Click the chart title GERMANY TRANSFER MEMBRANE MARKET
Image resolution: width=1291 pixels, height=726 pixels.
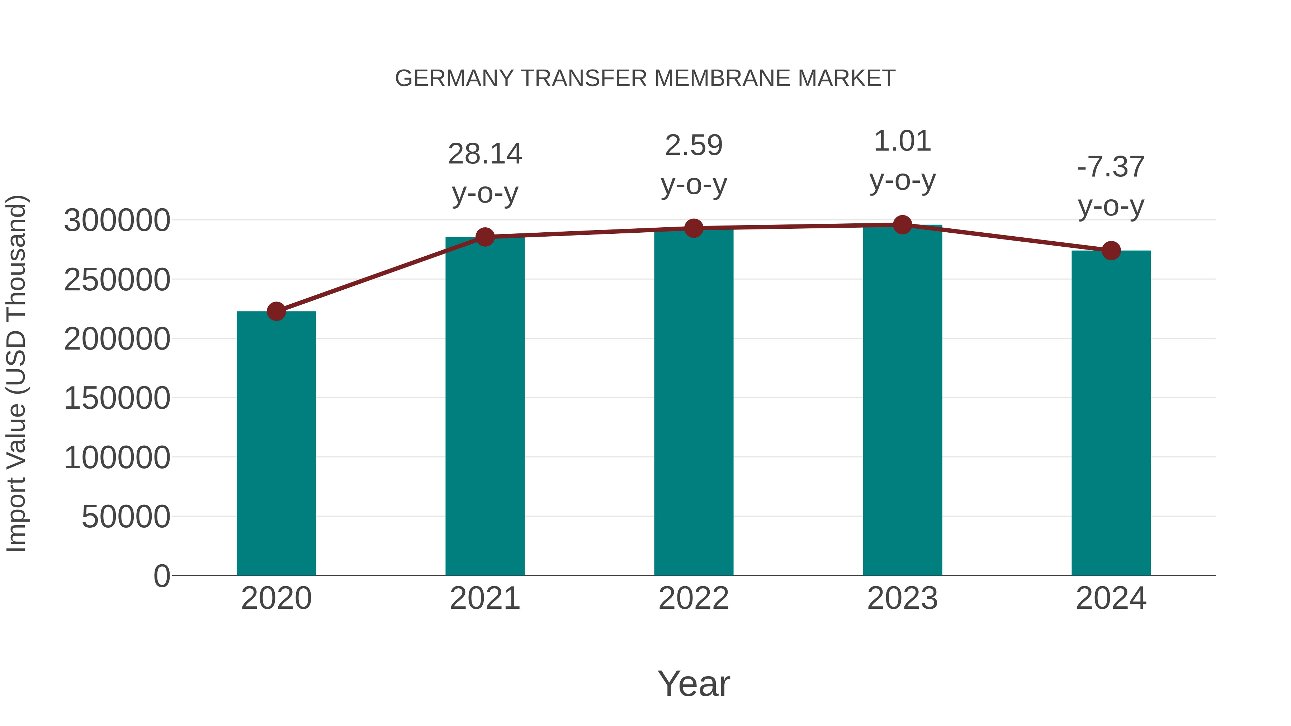(645, 79)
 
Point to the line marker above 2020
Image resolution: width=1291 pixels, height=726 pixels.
(276, 311)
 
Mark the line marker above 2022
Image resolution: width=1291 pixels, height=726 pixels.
(694, 228)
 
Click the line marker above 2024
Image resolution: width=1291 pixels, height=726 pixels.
(1111, 251)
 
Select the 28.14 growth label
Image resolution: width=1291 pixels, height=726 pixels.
(484, 154)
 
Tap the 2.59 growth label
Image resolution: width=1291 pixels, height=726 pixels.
(694, 146)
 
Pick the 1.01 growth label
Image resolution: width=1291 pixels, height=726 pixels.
(902, 141)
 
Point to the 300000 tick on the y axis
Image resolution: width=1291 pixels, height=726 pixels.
(117, 220)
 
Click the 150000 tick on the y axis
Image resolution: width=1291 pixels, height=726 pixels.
(117, 398)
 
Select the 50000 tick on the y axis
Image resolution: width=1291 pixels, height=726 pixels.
(126, 517)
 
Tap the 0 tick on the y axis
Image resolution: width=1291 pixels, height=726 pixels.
(162, 576)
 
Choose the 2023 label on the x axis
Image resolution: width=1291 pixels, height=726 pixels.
(902, 598)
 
